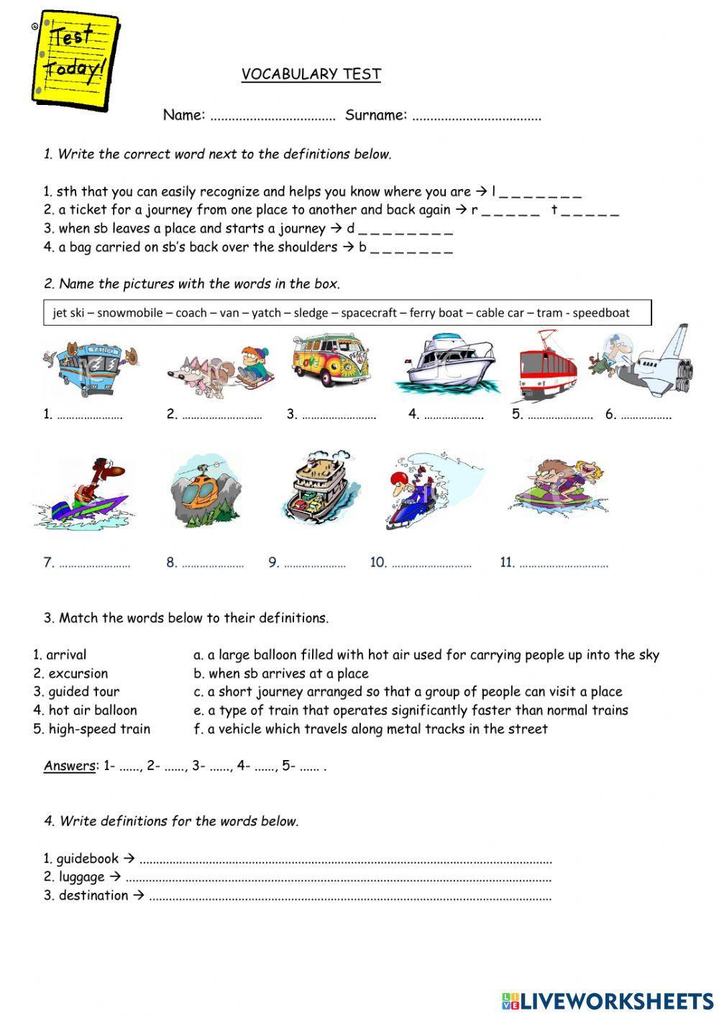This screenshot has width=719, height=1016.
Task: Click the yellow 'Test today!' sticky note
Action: pos(75,58)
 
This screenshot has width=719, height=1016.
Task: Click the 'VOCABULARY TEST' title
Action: pos(311,74)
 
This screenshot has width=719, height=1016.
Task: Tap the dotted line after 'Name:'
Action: pos(273,116)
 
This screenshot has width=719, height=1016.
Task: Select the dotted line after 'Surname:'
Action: pos(476,116)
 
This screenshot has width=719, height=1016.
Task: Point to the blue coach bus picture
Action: pos(90,367)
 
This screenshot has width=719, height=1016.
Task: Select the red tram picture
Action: pos(548,367)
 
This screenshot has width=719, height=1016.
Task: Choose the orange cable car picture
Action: pos(205,489)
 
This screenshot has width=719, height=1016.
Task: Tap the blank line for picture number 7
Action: pos(94,564)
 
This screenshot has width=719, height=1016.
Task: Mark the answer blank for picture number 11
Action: pos(563,564)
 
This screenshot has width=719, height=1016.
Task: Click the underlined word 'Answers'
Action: pos(70,766)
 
